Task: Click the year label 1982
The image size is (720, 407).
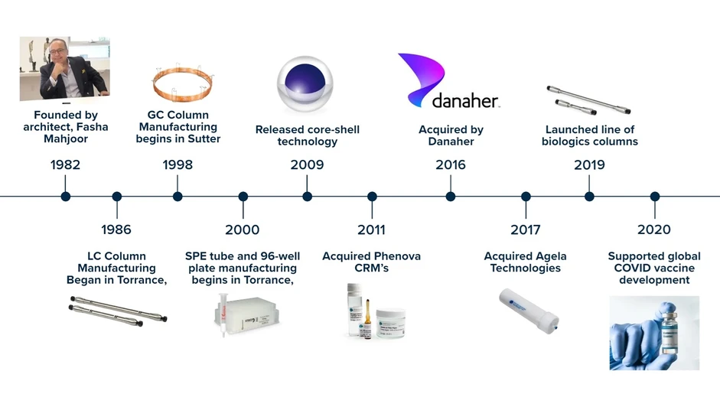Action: pyautogui.click(x=65, y=164)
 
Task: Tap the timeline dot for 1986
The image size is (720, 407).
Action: pyautogui.click(x=116, y=197)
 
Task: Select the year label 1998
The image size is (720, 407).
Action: pyautogui.click(x=178, y=164)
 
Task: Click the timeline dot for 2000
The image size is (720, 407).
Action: pyautogui.click(x=243, y=197)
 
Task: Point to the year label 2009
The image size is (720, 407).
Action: pyautogui.click(x=307, y=164)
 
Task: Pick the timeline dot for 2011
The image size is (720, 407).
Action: pyautogui.click(x=372, y=197)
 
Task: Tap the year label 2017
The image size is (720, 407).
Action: pyautogui.click(x=525, y=230)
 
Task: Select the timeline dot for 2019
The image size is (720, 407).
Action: pyautogui.click(x=589, y=197)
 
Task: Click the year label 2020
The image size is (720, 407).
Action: pyautogui.click(x=653, y=230)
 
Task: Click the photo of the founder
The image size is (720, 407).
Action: pyautogui.click(x=64, y=68)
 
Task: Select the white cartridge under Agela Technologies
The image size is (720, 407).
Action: pyautogui.click(x=529, y=308)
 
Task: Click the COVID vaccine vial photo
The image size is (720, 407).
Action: pyautogui.click(x=654, y=333)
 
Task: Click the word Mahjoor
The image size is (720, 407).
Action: pyautogui.click(x=66, y=139)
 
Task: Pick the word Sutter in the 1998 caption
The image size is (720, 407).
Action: pyautogui.click(x=203, y=139)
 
